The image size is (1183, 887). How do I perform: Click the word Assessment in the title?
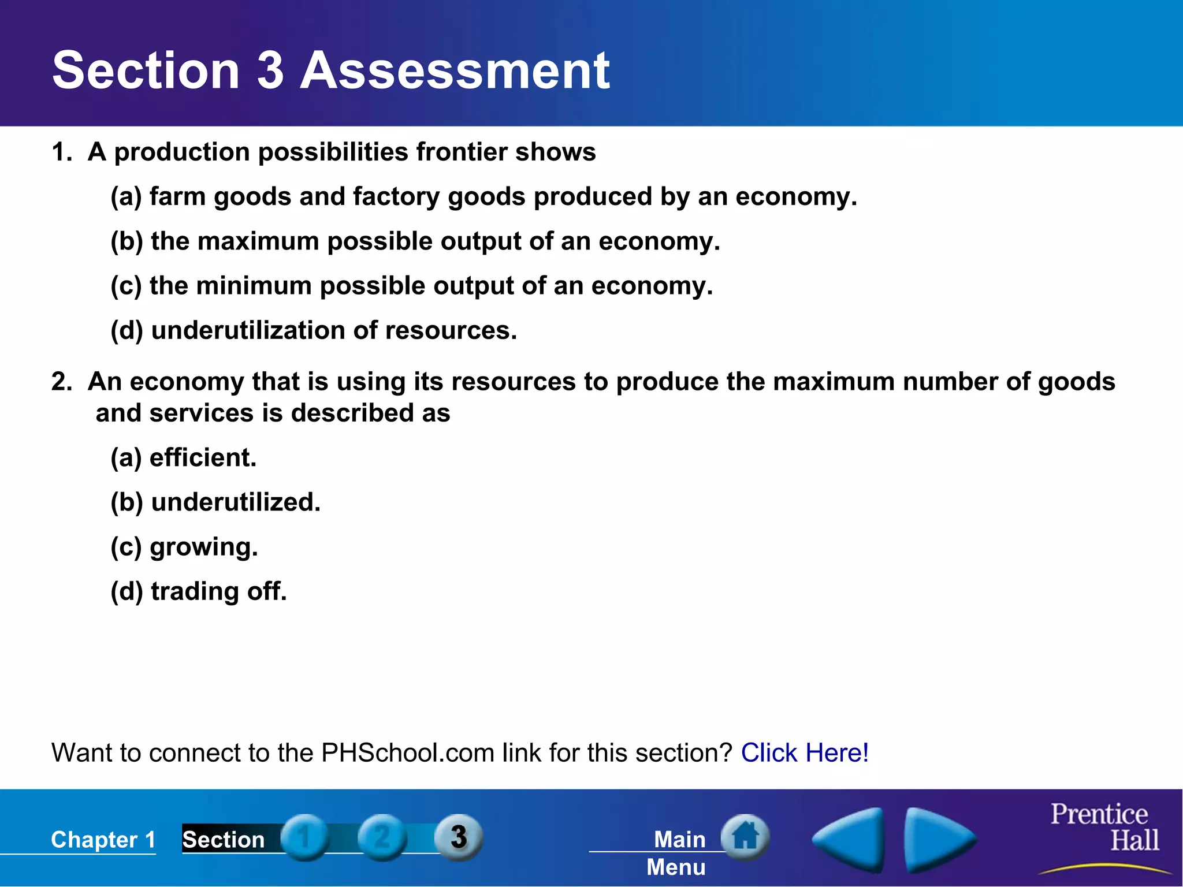click(455, 70)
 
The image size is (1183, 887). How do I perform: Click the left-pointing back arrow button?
click(850, 840)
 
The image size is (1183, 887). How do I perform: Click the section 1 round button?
click(304, 837)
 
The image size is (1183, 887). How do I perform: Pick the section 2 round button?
click(382, 837)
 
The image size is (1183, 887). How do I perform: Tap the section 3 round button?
click(459, 837)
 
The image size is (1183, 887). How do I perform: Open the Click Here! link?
click(805, 753)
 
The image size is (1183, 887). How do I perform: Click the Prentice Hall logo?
click(1104, 828)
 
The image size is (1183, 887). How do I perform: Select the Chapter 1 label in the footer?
click(103, 840)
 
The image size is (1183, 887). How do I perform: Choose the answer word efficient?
click(203, 458)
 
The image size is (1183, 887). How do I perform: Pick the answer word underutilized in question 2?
click(235, 502)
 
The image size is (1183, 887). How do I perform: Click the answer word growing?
click(203, 547)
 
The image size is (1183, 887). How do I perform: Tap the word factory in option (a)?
click(396, 197)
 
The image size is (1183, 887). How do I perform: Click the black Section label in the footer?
click(224, 840)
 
